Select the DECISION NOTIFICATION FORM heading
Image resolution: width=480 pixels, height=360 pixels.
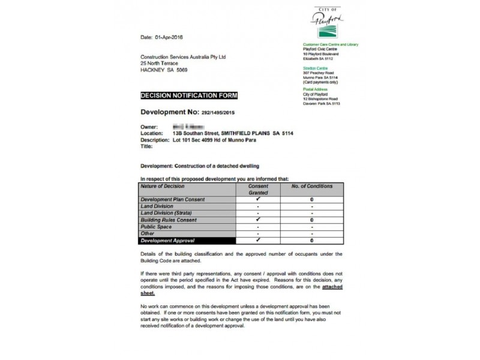189,95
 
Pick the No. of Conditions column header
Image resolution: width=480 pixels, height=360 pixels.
312,187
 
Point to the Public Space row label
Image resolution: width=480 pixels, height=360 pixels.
157,227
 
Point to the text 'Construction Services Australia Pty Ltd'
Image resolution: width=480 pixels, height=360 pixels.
183,57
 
